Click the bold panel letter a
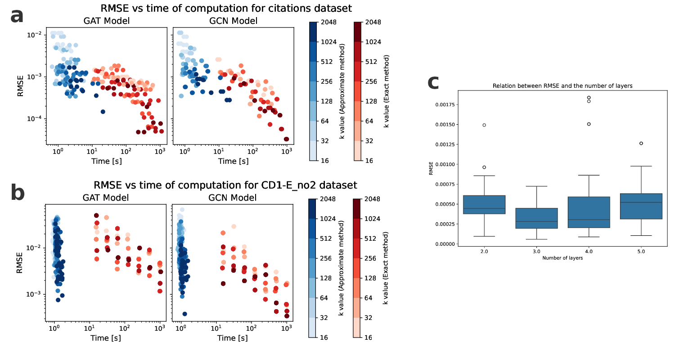pos(17,17)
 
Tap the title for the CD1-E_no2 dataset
pos(225,185)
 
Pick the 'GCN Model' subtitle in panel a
pos(234,21)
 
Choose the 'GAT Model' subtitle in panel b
pos(106,198)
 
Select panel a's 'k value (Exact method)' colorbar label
pos(386,91)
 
